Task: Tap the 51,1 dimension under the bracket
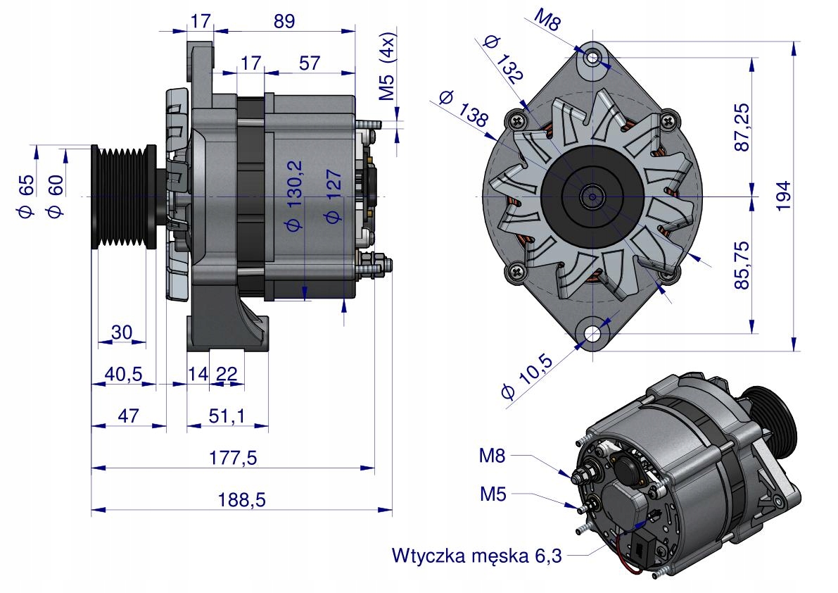pyautogui.click(x=227, y=416)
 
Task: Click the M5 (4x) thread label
pyautogui.click(x=388, y=67)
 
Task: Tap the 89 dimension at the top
pyautogui.click(x=284, y=21)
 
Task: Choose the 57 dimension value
pyautogui.click(x=310, y=63)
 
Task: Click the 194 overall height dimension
pyautogui.click(x=783, y=195)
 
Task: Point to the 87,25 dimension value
pyautogui.click(x=740, y=127)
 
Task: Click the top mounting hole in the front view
pyautogui.click(x=594, y=57)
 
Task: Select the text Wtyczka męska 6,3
pyautogui.click(x=477, y=556)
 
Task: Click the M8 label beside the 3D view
pyautogui.click(x=493, y=456)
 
